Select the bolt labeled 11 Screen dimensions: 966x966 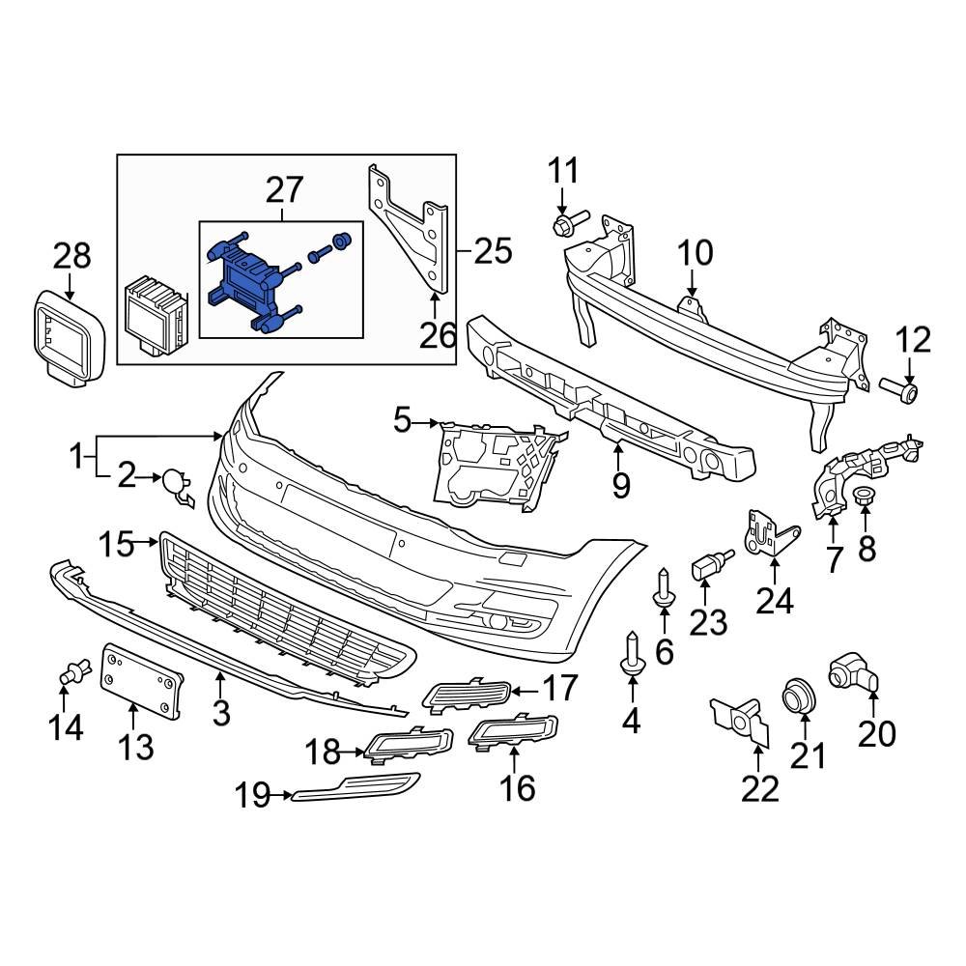566,225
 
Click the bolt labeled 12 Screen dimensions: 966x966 900,390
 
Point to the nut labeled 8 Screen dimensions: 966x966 865,498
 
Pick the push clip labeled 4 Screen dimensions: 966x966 631,651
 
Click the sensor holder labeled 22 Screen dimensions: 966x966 741,719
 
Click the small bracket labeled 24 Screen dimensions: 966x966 768,537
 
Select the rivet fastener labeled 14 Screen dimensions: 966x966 73,670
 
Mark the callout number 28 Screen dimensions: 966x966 71,255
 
